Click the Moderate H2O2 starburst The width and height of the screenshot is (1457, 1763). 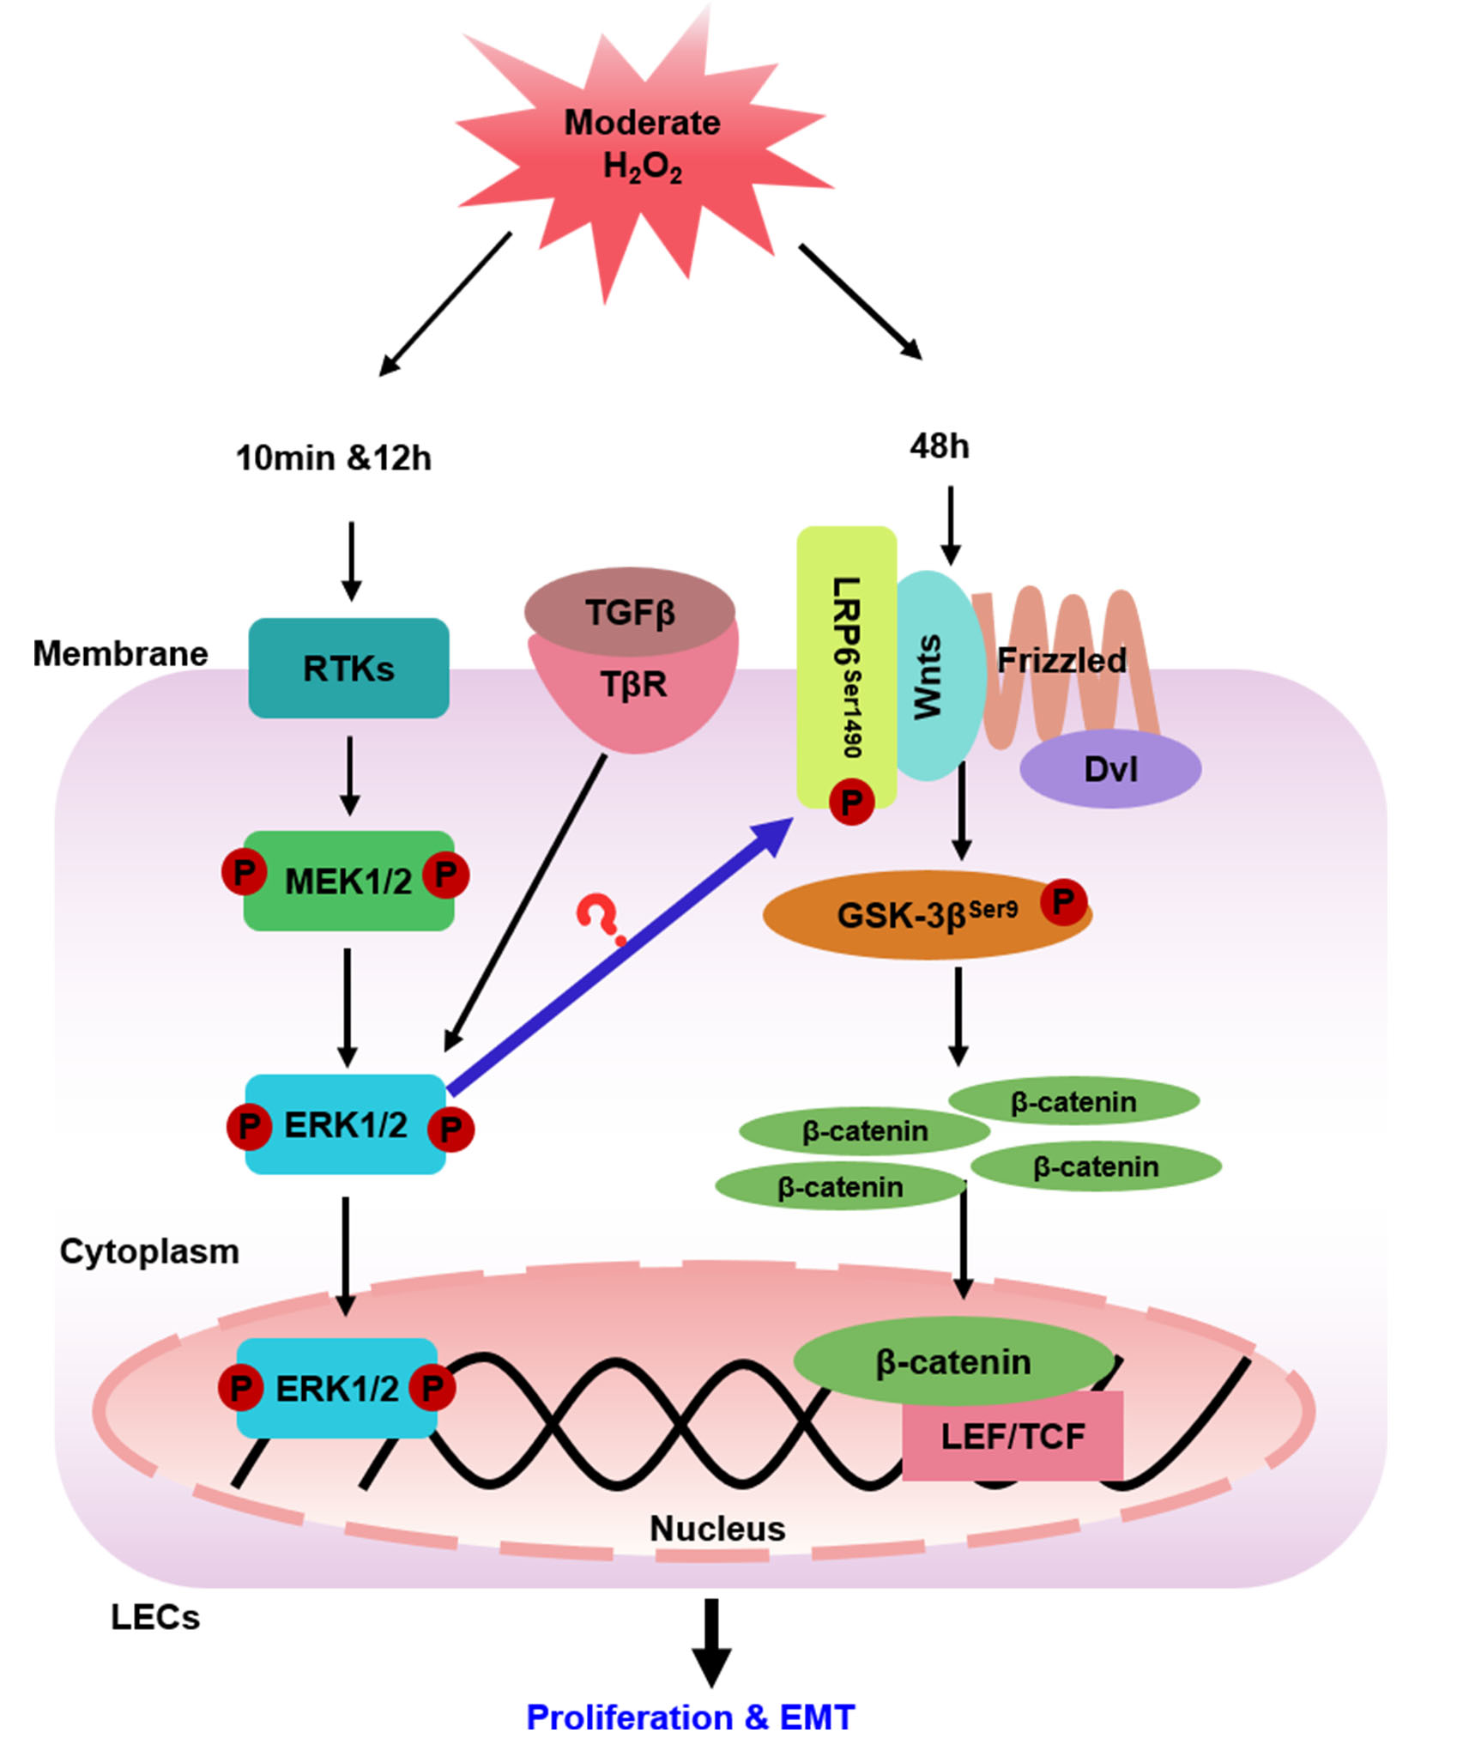(642, 146)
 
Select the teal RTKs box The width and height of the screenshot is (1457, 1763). (348, 668)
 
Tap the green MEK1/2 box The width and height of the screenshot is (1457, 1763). (348, 881)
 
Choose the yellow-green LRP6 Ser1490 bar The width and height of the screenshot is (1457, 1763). (846, 652)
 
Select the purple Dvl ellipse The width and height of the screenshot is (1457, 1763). (1110, 769)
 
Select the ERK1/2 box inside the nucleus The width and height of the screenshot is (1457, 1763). (336, 1388)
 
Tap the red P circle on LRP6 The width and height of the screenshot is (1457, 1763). (851, 803)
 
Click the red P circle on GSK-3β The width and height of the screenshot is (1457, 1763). (1063, 902)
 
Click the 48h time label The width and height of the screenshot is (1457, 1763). (940, 446)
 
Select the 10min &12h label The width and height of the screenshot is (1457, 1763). (333, 458)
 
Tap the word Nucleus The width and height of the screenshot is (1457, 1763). (717, 1529)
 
